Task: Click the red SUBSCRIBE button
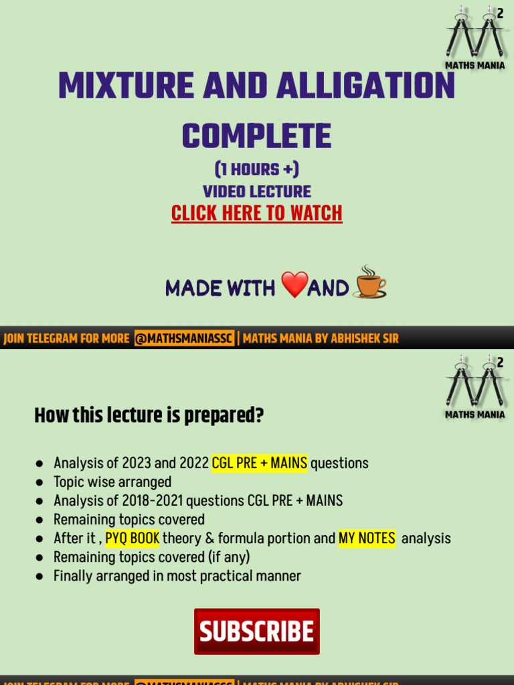click(257, 631)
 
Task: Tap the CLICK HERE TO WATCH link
click(257, 213)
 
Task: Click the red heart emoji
click(294, 286)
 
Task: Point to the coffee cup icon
click(370, 283)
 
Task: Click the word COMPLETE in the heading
click(257, 136)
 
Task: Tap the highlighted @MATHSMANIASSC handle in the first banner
click(184, 338)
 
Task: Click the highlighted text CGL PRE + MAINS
click(260, 463)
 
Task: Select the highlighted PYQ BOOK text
click(133, 538)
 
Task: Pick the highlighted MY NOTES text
click(367, 538)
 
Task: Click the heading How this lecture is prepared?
click(149, 416)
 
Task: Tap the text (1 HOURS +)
click(257, 169)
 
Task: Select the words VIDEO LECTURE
click(257, 191)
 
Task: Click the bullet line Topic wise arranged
click(112, 482)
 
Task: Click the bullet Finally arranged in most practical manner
click(177, 575)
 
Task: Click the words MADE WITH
click(220, 288)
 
